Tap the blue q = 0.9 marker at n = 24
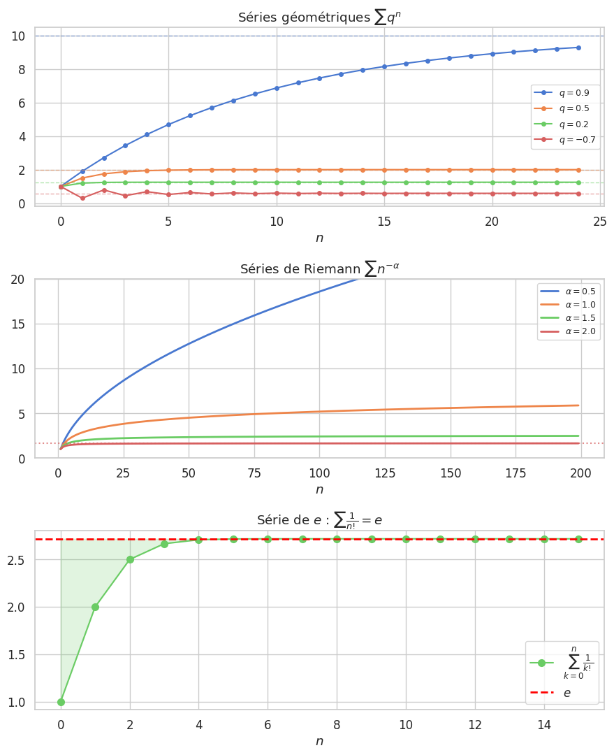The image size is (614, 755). (578, 48)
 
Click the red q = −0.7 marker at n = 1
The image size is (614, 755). (82, 198)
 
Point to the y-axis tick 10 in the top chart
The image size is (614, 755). (19, 36)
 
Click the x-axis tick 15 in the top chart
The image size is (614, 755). (384, 221)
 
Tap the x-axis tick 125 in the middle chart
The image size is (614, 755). (385, 473)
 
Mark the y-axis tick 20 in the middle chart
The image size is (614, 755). (19, 280)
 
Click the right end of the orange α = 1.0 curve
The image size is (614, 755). (578, 405)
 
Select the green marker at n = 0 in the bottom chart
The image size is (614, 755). (61, 702)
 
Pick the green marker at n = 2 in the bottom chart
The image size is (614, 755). (130, 559)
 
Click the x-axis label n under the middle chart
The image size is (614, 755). (319, 489)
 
